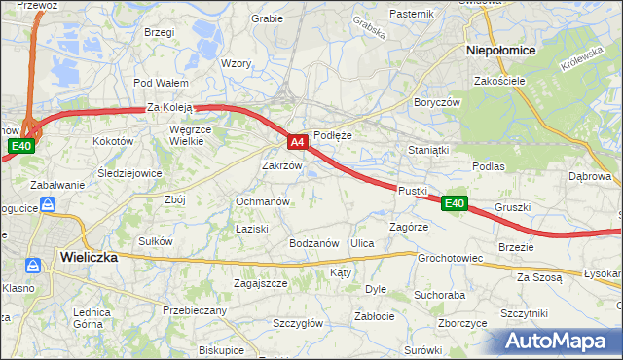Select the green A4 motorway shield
299,142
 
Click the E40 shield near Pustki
454,203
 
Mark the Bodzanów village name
312,242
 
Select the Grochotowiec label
451,259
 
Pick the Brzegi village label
158,32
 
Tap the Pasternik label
411,14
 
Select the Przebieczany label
195,310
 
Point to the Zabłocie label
375,316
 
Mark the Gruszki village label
512,207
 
